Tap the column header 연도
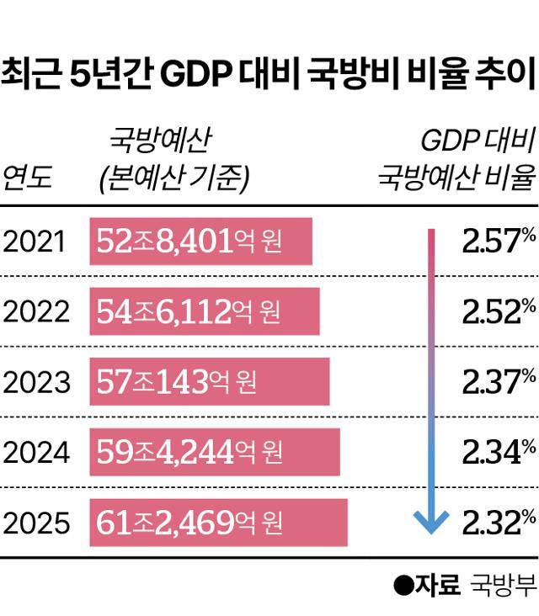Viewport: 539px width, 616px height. (x=28, y=178)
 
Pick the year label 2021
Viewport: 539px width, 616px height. (x=35, y=242)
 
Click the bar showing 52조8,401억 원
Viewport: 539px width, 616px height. (x=201, y=242)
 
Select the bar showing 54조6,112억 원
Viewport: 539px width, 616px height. (x=205, y=312)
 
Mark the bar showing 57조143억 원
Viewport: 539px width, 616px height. (x=210, y=382)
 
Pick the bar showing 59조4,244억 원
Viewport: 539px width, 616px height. (x=215, y=453)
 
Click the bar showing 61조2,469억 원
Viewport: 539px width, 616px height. (x=219, y=523)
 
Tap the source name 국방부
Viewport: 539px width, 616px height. (x=503, y=585)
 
